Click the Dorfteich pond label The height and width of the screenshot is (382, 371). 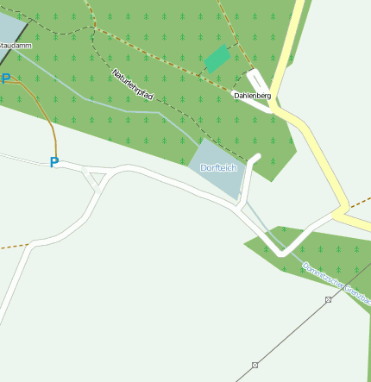(217, 168)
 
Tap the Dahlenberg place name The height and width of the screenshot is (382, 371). (252, 95)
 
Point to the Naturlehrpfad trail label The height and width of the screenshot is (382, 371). (132, 85)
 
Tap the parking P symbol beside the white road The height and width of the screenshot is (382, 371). (53, 162)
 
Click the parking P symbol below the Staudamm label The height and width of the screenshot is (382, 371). (6, 79)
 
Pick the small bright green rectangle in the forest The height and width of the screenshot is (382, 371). (217, 59)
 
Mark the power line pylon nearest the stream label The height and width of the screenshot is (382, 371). (328, 299)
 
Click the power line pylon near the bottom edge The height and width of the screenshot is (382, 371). (255, 365)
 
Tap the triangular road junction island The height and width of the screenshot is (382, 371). (96, 178)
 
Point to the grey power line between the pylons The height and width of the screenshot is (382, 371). (292, 332)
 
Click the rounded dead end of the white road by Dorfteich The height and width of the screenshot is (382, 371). (256, 157)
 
